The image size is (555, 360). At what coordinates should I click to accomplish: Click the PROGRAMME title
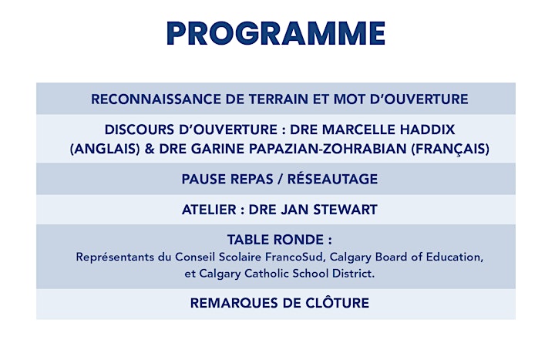(276, 33)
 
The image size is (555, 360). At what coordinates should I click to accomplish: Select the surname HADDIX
(427, 130)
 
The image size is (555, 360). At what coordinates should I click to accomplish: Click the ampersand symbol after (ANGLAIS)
(150, 149)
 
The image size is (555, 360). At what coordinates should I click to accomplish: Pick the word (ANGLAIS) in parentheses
(105, 149)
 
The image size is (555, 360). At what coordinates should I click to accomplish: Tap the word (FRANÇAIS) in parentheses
(450, 149)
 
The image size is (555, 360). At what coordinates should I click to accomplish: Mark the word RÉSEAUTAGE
(332, 178)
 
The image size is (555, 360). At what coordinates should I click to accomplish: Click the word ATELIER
(209, 210)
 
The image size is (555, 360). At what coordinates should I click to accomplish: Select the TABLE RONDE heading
(280, 240)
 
